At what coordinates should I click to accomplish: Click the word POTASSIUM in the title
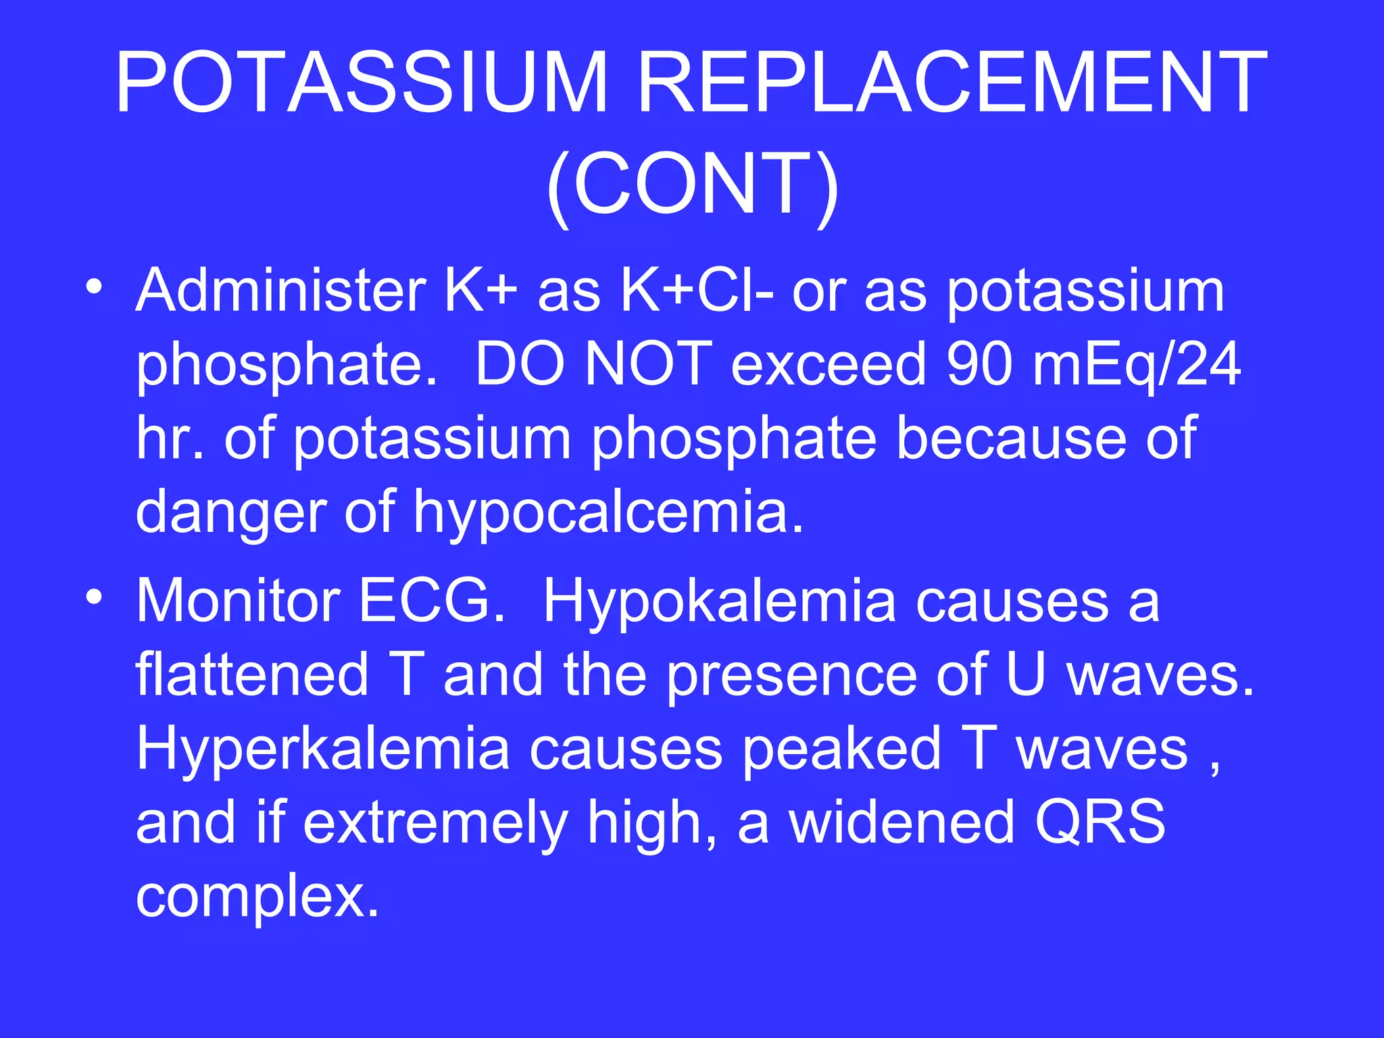(362, 82)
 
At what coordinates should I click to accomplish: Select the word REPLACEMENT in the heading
(951, 82)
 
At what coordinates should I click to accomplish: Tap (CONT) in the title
(692, 185)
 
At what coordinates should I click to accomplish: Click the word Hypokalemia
(719, 601)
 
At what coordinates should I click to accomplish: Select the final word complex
(257, 897)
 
